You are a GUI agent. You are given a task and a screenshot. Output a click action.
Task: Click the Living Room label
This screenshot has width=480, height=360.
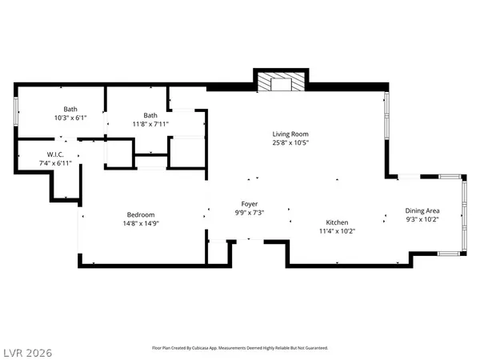[x=289, y=134]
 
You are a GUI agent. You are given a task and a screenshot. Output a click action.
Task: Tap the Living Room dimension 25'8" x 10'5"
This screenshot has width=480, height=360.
[x=289, y=143]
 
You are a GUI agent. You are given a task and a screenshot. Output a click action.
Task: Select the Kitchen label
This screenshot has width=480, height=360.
[x=336, y=222]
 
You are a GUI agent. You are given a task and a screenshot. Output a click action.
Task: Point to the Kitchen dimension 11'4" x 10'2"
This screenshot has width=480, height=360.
[x=336, y=232]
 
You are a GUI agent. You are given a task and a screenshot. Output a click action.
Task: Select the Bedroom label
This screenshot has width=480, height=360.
[x=140, y=214]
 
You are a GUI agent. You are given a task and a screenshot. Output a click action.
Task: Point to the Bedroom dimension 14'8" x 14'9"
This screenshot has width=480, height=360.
[x=140, y=223]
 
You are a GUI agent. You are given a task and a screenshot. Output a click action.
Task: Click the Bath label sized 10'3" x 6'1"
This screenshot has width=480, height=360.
[x=70, y=108]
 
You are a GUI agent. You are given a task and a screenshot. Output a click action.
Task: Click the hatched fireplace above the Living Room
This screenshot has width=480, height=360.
[x=281, y=82]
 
